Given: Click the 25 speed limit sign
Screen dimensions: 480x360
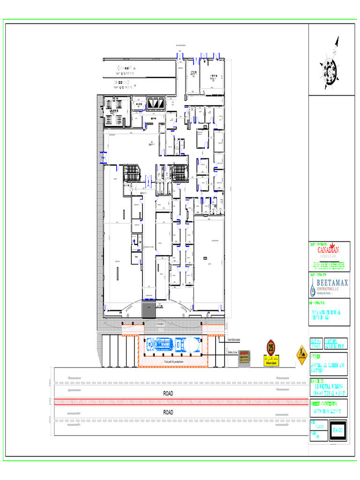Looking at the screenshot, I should click(271, 348).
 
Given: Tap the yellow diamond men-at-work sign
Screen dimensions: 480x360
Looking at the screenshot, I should click(301, 355).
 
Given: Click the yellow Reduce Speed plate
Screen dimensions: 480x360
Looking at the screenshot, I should click(271, 362).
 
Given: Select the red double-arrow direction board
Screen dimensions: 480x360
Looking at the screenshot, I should click(244, 358).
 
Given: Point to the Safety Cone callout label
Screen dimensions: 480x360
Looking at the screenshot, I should click(232, 352).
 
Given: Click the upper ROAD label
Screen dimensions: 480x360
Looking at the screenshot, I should click(168, 393).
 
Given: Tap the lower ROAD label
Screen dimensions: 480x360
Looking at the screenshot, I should click(168, 412).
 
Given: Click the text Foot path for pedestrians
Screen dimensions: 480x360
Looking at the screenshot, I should click(173, 362).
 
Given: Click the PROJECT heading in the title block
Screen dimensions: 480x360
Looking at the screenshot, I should click(318, 382).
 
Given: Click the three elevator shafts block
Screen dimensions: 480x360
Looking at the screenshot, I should click(156, 103).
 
